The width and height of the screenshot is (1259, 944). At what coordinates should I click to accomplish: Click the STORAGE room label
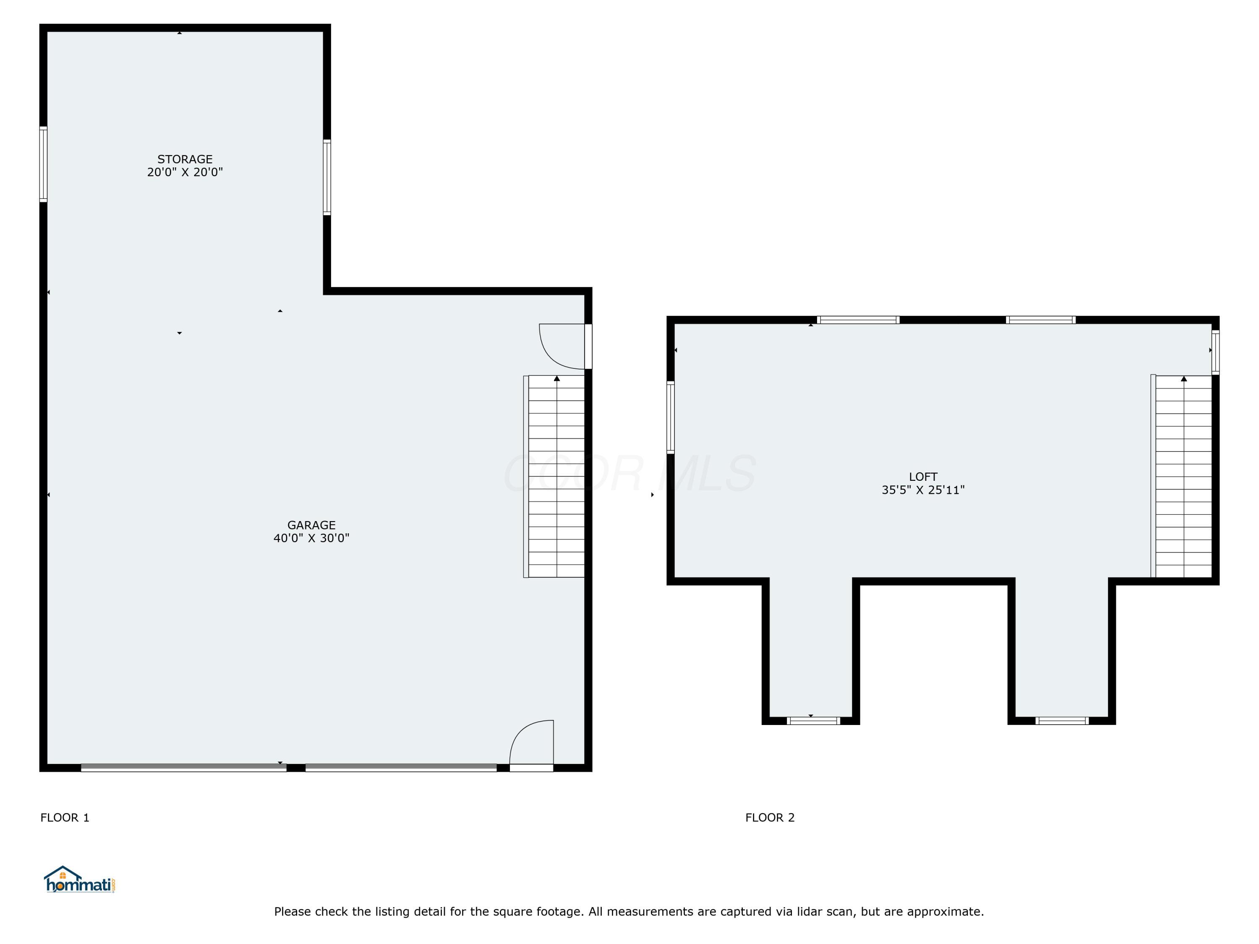(x=185, y=159)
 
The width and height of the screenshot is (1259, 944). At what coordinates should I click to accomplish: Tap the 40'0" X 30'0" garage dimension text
(x=311, y=538)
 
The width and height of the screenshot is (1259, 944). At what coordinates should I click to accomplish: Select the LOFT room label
(x=922, y=477)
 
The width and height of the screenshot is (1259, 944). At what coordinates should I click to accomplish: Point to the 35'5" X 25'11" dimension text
(x=922, y=490)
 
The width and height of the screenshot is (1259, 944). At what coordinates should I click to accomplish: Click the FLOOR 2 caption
(x=770, y=818)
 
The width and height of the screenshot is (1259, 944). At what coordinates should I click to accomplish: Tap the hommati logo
(x=80, y=880)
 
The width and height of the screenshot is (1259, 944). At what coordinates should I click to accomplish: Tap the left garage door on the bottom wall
(x=183, y=768)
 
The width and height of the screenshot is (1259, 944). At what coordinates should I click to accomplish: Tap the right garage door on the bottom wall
(x=401, y=768)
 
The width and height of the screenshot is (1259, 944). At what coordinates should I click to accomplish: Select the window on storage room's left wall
(x=43, y=164)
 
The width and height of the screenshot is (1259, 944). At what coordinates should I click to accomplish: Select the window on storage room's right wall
(x=327, y=177)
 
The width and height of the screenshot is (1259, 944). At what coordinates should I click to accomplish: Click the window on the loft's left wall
(x=671, y=417)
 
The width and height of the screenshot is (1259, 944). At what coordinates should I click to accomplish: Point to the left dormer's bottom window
(x=813, y=721)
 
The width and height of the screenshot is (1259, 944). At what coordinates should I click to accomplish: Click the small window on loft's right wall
(x=1215, y=352)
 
